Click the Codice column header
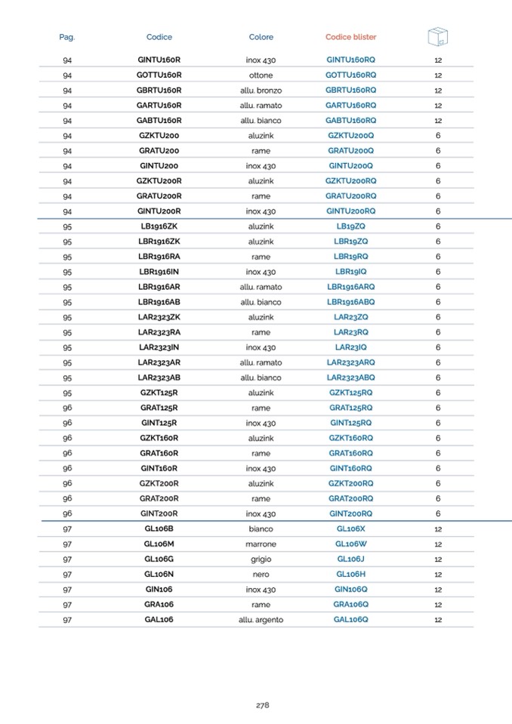click(159, 37)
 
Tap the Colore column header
click(261, 37)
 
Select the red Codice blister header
click(350, 37)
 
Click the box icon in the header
click(438, 35)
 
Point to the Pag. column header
click(67, 37)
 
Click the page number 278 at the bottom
click(262, 705)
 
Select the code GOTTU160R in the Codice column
click(159, 75)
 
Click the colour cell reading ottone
click(261, 75)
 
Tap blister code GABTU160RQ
click(350, 121)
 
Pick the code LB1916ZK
click(159, 226)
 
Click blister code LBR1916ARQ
click(350, 287)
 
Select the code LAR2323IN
click(159, 347)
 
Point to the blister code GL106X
click(350, 528)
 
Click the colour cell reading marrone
click(261, 544)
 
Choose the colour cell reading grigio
click(261, 559)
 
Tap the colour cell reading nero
click(261, 575)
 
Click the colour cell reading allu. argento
click(261, 620)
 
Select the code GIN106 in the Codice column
click(159, 589)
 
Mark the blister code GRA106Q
click(350, 605)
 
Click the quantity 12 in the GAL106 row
click(438, 620)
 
